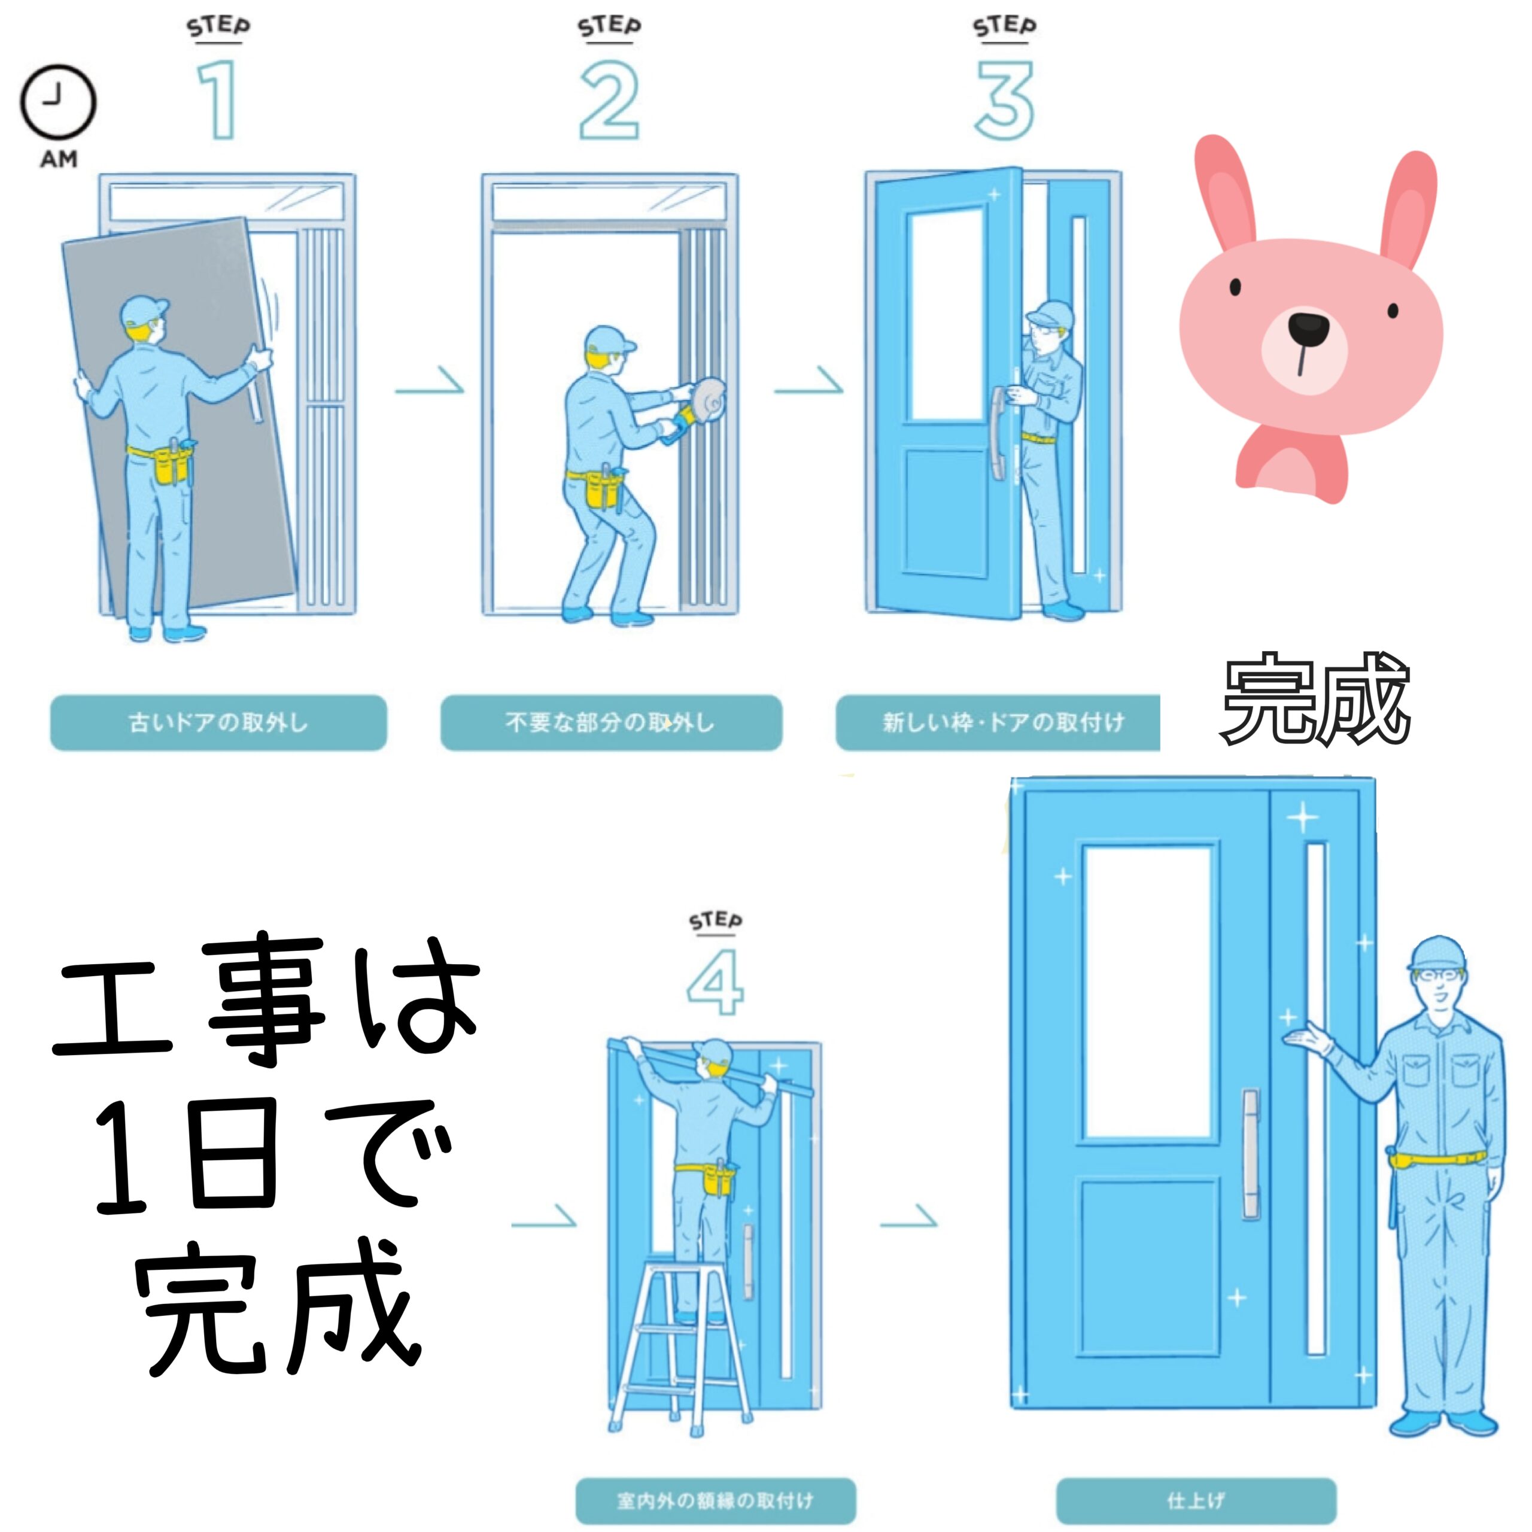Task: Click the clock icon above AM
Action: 58,103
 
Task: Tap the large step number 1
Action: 217,101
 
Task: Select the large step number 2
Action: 609,101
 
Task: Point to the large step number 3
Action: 1004,101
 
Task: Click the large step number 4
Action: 715,983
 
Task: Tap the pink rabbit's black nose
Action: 1308,326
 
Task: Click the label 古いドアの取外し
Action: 218,722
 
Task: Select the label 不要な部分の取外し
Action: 610,722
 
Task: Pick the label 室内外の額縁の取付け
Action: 715,1500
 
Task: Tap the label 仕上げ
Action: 1196,1500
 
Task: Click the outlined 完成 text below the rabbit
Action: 1315,698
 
